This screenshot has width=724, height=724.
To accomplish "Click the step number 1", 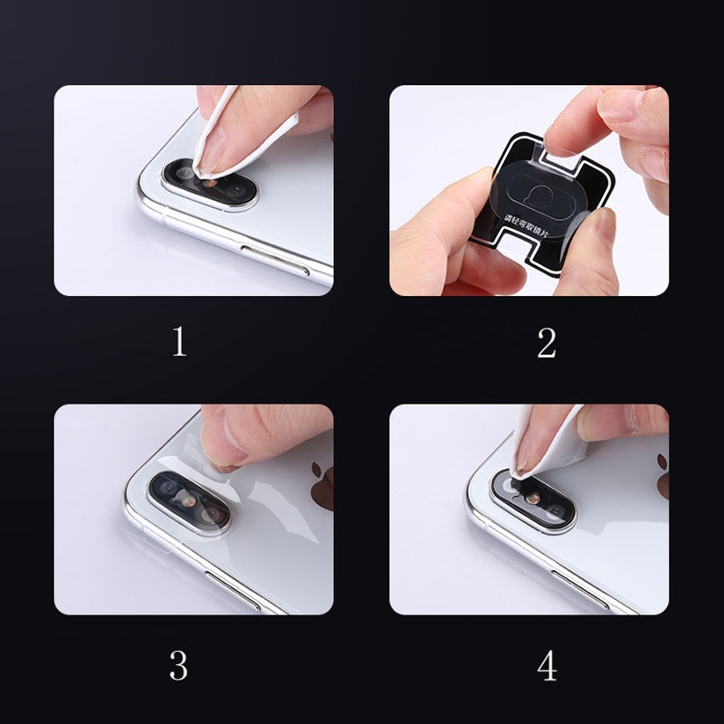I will click(x=179, y=342).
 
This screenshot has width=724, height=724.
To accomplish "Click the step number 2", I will click(x=546, y=342).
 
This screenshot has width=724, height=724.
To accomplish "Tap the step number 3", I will click(x=179, y=666).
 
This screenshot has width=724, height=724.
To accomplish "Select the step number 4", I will click(x=547, y=666).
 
